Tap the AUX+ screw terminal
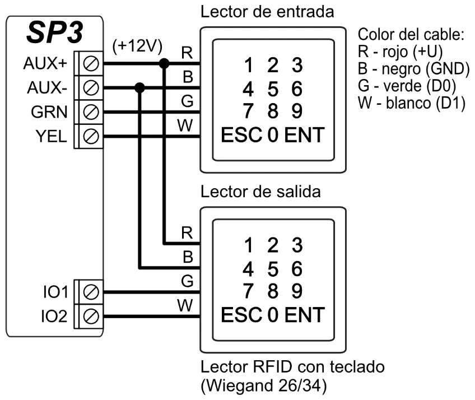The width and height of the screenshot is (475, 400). coord(91,64)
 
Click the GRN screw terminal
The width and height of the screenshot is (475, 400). coord(91,111)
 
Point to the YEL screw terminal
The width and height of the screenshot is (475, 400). coord(91,135)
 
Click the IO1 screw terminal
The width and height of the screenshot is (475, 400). coord(91,292)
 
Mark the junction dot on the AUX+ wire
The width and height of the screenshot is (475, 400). coord(164,63)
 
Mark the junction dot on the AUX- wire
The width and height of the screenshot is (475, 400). coord(140,87)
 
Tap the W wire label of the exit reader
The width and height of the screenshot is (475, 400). coord(188,306)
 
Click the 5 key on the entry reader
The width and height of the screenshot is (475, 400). coord(273,89)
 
